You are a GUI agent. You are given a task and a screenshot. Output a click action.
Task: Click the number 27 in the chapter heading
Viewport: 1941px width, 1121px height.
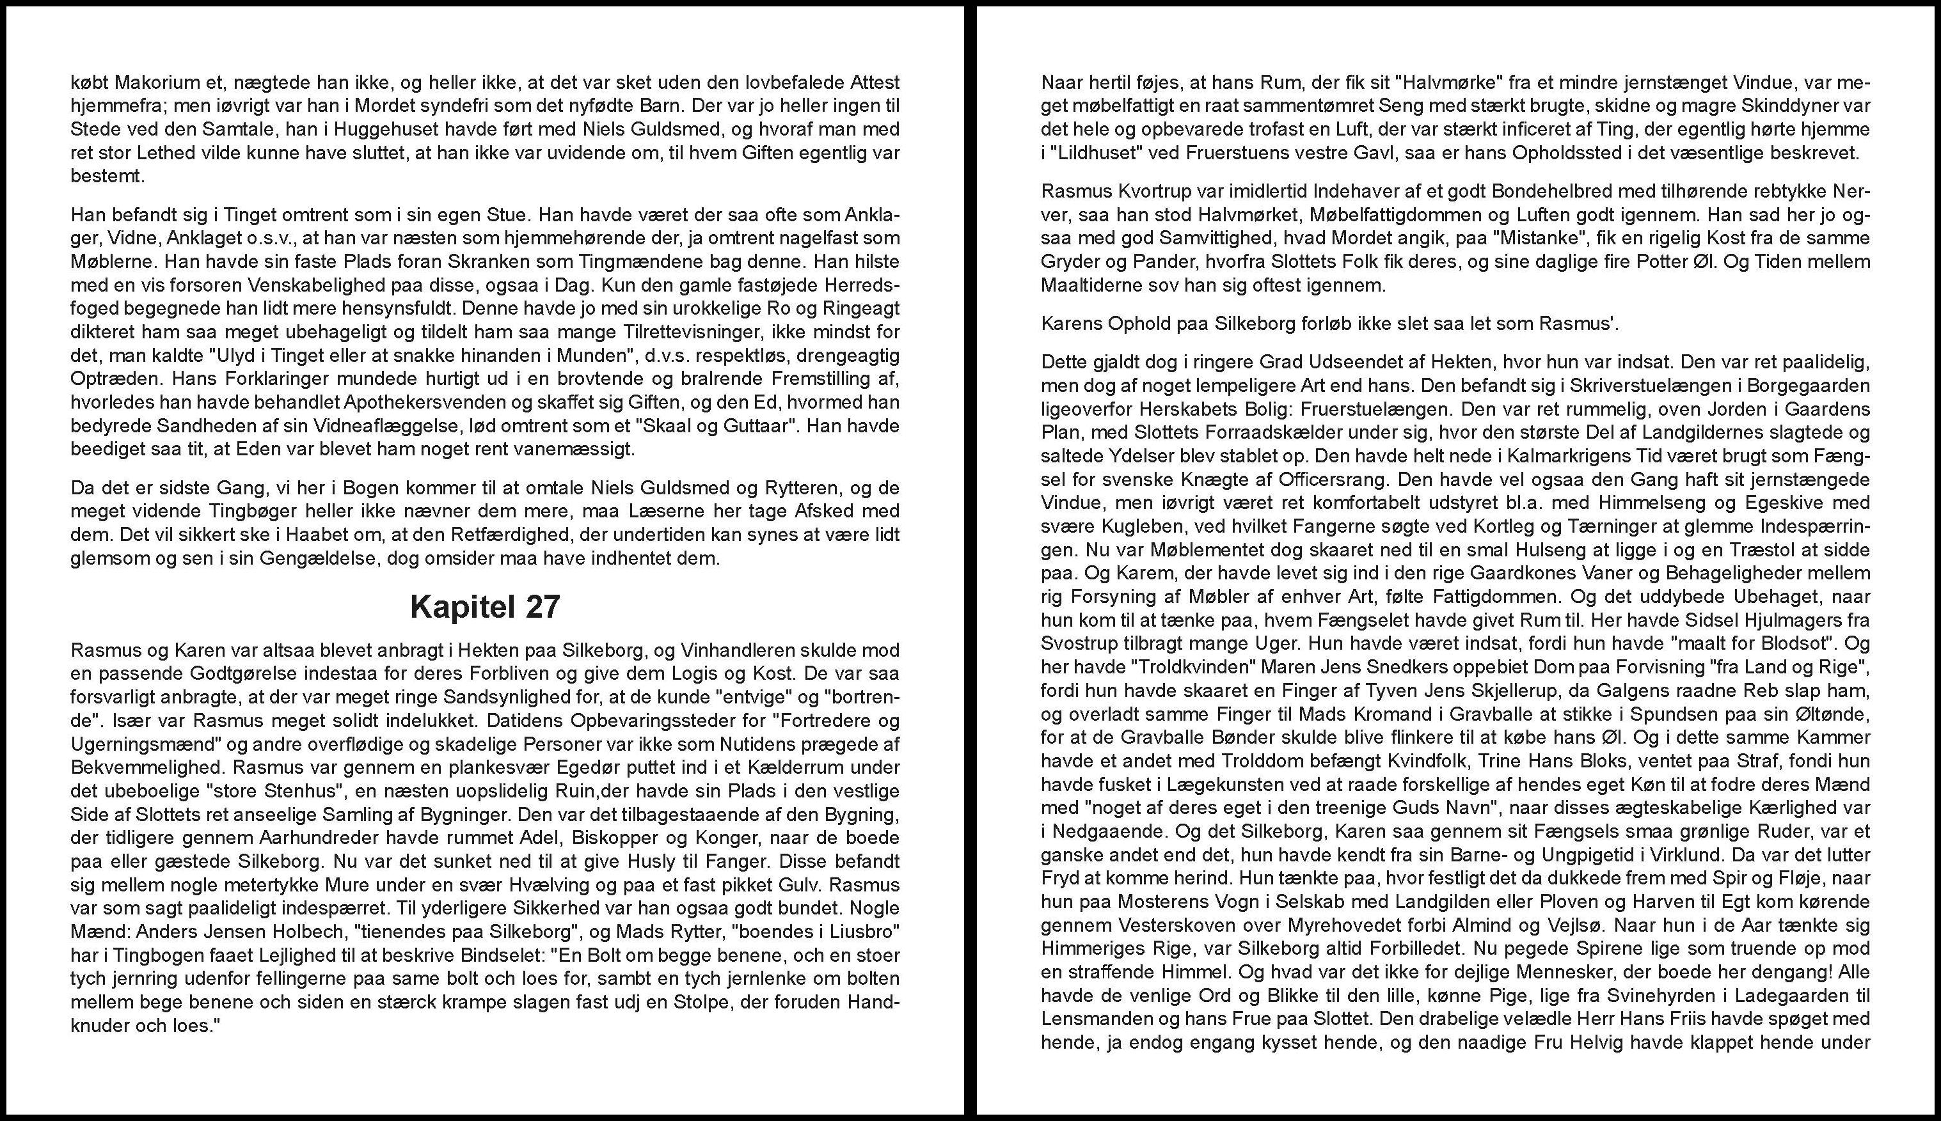tap(543, 608)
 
